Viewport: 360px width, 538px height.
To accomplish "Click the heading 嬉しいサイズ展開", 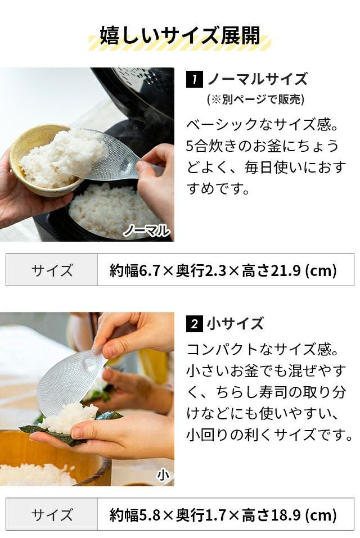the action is point(180,35).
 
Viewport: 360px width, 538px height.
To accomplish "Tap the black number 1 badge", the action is point(194,79).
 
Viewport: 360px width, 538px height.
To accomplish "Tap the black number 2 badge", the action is point(194,324).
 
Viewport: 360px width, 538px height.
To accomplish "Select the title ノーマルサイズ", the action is point(258,79).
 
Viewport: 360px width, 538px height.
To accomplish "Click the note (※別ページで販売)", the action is point(256,100).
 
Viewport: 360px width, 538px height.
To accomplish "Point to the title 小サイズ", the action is point(235,324).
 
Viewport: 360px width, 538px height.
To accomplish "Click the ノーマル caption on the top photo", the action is point(147,230).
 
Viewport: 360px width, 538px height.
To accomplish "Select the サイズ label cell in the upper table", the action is point(52,270).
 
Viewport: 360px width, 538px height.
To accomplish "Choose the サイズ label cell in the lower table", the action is point(52,514).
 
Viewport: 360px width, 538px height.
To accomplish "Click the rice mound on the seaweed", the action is point(69,417).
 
